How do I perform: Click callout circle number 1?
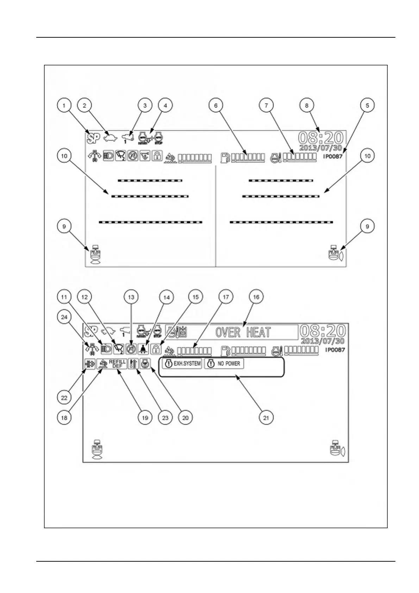64,105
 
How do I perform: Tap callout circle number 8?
306,105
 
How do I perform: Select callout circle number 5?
367,105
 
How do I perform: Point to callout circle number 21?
266,418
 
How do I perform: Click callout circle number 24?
64,317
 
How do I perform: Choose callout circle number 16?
256,297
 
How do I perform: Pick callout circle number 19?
145,418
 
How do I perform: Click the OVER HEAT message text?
243,332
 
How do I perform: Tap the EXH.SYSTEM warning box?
182,363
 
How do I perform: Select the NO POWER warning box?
224,363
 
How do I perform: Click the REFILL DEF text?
117,364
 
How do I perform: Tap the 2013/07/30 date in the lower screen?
323,341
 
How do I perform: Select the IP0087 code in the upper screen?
332,156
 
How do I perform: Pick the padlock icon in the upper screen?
157,156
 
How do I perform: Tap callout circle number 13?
131,297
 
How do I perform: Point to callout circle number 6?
216,105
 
